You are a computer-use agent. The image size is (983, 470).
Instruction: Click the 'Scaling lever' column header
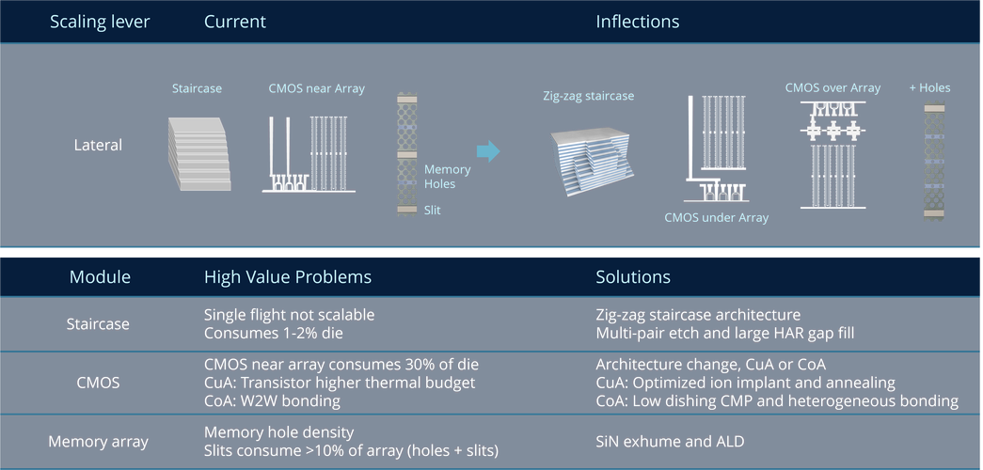[x=99, y=21]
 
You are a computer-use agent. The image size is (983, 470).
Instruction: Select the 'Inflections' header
[x=637, y=21]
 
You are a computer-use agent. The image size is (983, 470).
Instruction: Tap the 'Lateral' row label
[x=99, y=145]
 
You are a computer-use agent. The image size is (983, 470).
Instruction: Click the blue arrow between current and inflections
[x=487, y=150]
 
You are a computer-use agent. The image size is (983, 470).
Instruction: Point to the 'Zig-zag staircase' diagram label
[x=589, y=96]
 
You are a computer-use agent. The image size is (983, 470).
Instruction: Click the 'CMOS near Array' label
[x=316, y=88]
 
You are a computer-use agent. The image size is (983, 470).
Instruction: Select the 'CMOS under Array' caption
[x=716, y=217]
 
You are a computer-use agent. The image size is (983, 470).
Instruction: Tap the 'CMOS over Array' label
[x=832, y=87]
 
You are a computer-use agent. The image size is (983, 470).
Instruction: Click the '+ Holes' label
[x=929, y=87]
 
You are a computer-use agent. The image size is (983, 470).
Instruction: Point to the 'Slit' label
[x=432, y=211]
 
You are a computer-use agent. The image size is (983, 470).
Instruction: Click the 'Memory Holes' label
[x=447, y=177]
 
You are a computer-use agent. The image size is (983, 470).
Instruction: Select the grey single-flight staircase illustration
[x=200, y=151]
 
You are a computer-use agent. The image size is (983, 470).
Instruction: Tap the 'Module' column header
[x=100, y=277]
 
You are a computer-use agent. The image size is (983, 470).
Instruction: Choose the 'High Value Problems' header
[x=287, y=277]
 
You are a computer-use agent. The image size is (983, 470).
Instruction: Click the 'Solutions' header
[x=633, y=277]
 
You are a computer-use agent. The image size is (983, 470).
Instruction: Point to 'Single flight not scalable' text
[x=289, y=315]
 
